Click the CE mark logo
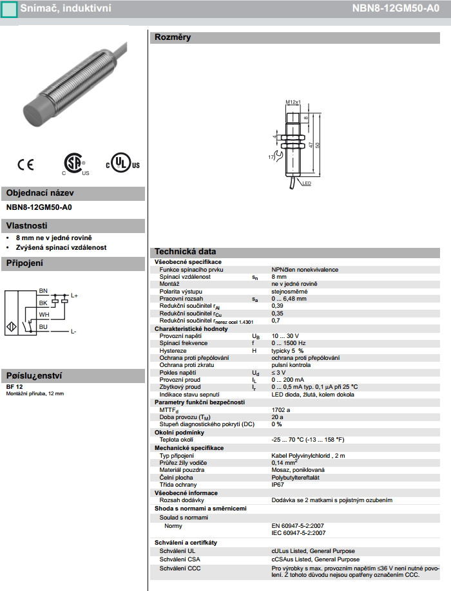26,165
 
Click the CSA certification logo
75,164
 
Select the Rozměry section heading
172,37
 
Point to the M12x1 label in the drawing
293,102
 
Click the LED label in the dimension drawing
307,184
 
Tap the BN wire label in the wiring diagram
43,291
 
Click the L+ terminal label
74,295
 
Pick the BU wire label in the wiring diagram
43,326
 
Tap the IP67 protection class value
278,484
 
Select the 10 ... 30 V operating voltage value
285,336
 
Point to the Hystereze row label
173,351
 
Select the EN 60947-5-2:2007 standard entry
298,525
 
